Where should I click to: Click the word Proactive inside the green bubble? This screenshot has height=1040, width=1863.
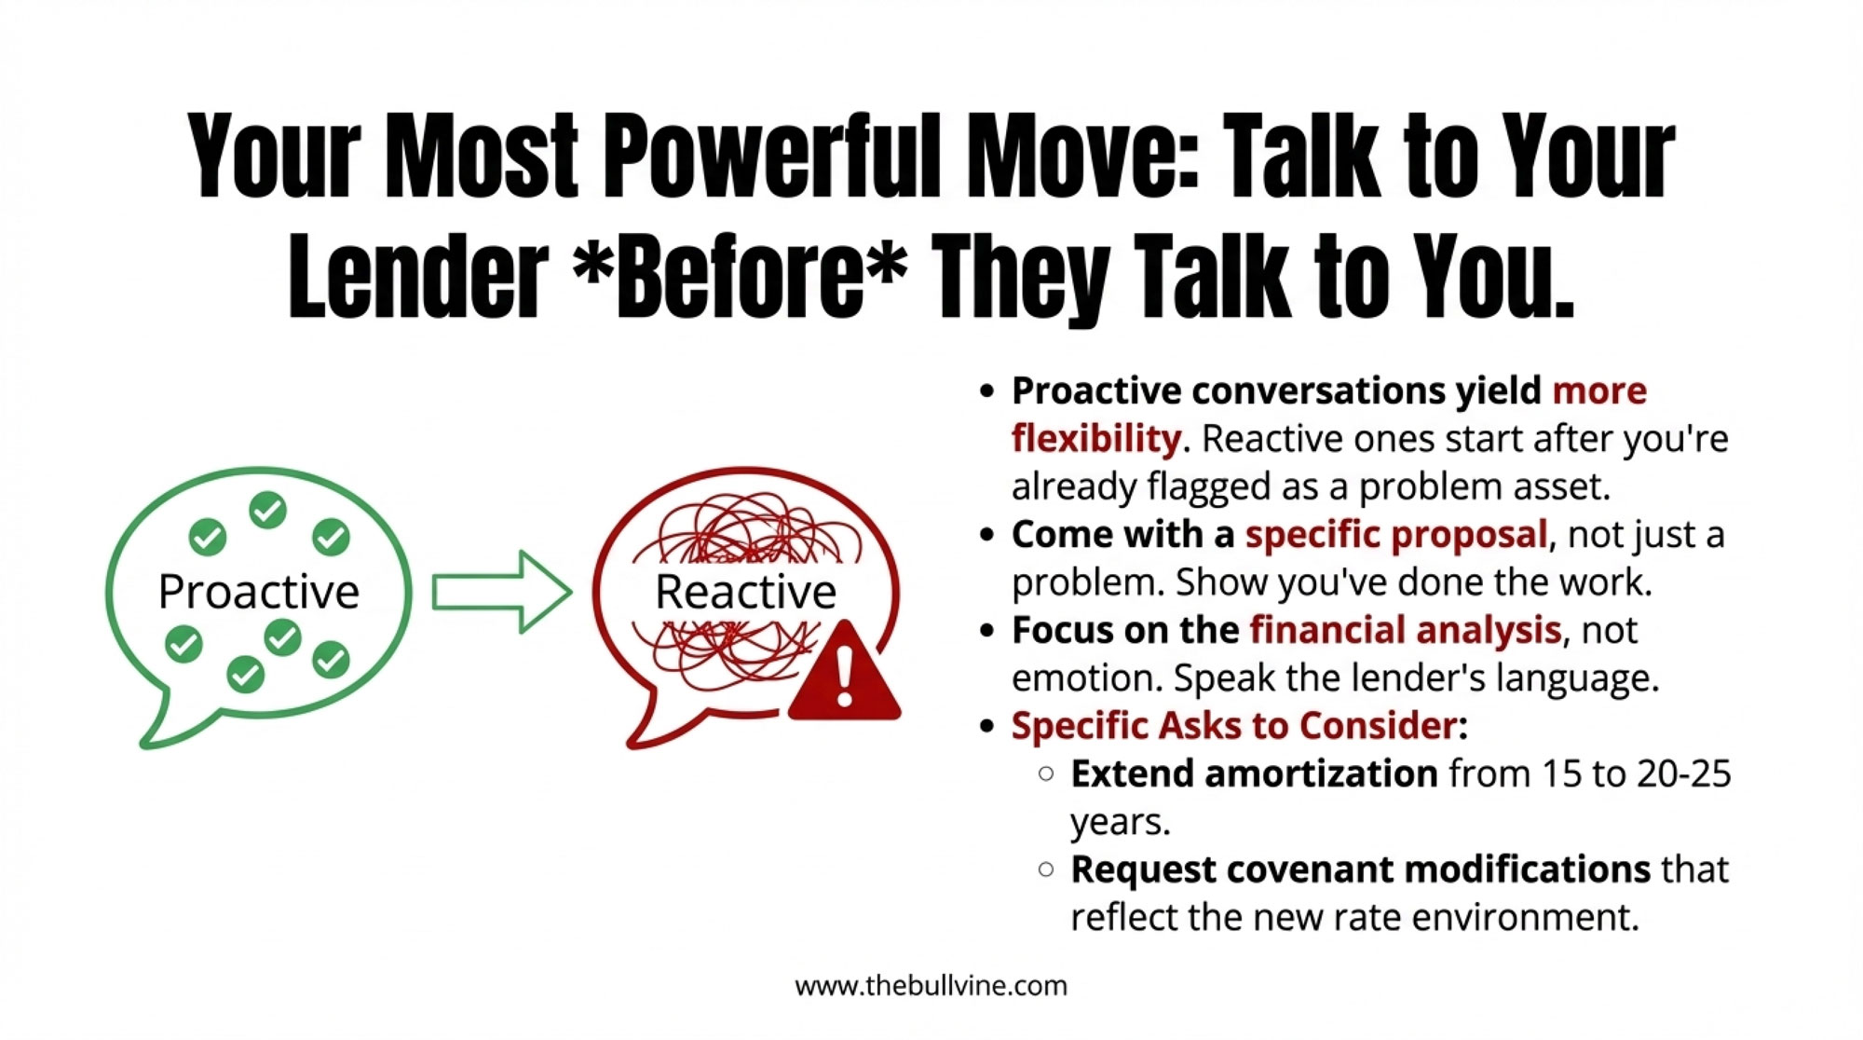[x=259, y=592]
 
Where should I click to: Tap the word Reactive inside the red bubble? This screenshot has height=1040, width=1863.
[x=746, y=592]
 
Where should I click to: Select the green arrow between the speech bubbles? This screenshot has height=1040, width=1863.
[x=502, y=592]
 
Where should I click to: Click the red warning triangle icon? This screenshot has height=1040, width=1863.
[x=844, y=672]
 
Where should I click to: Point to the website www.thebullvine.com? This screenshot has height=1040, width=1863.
[x=931, y=986]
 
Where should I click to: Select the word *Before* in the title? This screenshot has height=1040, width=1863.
[x=740, y=276]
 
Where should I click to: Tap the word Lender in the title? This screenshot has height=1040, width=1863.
[x=418, y=276]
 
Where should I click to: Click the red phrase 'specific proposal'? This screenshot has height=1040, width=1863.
[x=1396, y=535]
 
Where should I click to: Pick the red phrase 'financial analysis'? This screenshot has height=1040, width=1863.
[x=1405, y=631]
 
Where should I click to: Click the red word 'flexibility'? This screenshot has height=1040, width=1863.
[x=1096, y=439]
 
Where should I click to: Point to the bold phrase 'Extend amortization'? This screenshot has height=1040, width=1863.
[x=1254, y=773]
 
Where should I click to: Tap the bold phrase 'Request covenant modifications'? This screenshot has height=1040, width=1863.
[x=1361, y=869]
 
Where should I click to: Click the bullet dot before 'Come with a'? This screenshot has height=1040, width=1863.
[x=988, y=536]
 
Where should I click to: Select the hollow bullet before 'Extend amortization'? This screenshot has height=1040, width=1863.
[x=1046, y=773]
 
